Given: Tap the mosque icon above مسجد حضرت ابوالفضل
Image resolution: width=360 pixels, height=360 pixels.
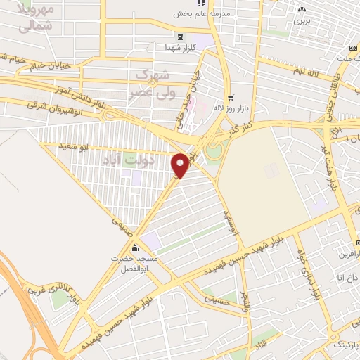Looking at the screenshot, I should pyautogui.click(x=135, y=248).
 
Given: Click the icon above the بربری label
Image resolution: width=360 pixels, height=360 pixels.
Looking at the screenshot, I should pyautogui.click(x=302, y=9).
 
